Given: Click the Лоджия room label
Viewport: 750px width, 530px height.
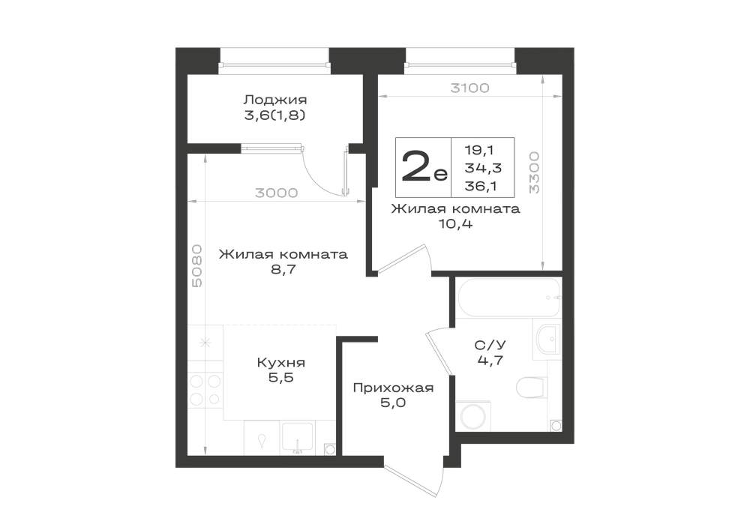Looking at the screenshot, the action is click(x=275, y=100).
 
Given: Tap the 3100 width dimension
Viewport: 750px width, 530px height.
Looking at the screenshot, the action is click(x=469, y=88).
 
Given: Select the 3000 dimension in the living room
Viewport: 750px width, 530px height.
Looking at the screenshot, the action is click(x=277, y=193).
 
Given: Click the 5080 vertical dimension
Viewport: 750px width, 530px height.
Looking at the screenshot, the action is click(x=197, y=266).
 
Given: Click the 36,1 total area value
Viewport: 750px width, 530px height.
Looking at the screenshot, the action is click(x=481, y=186).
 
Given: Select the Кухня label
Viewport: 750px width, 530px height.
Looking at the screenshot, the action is click(x=281, y=362).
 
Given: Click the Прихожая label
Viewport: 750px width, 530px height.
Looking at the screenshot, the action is click(x=393, y=388).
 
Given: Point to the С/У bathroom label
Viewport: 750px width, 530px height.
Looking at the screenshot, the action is click(x=490, y=345).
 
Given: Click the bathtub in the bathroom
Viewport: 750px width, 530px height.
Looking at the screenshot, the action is click(x=508, y=298).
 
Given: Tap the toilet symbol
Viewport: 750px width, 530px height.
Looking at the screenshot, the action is click(x=532, y=387).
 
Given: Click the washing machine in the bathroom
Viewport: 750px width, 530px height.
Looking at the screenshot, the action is click(x=472, y=416).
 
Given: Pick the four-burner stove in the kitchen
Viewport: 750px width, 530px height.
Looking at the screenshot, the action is click(x=205, y=390).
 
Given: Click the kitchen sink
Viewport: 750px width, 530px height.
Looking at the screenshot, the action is click(x=297, y=437).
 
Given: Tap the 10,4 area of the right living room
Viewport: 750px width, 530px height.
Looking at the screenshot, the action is click(x=456, y=223).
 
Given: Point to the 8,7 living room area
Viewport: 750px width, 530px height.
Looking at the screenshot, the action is click(x=283, y=269).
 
